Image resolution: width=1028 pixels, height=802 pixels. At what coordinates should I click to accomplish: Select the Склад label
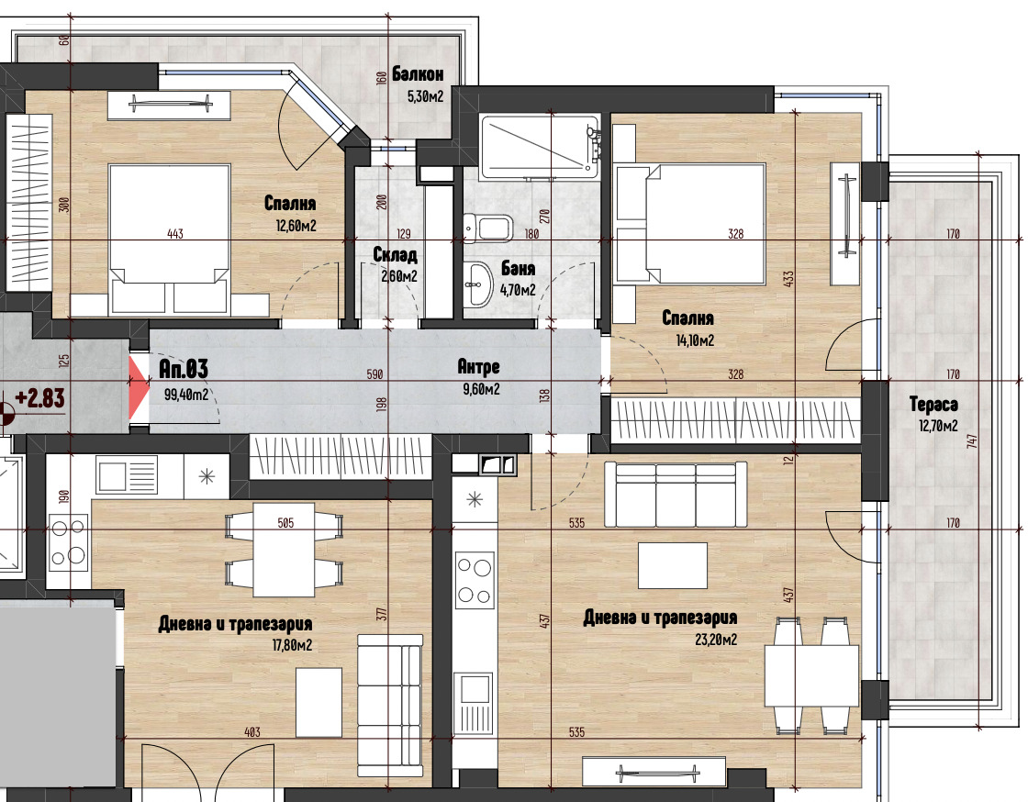click(396, 255)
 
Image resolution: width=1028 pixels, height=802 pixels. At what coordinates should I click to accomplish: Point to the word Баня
click(518, 270)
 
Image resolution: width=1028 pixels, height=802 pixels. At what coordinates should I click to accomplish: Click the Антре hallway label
click(478, 368)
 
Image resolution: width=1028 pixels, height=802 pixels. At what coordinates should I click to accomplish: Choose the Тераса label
click(933, 404)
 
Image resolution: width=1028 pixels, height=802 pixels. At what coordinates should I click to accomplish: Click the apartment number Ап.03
click(184, 370)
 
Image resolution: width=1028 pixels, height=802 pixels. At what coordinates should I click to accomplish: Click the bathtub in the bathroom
click(539, 146)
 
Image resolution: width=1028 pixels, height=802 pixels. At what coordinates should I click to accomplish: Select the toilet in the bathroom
click(486, 226)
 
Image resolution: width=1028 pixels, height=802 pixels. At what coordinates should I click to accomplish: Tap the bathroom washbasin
click(477, 284)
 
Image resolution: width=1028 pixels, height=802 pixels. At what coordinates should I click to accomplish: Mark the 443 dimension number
click(175, 234)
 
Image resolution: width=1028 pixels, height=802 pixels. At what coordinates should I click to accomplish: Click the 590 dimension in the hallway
click(374, 374)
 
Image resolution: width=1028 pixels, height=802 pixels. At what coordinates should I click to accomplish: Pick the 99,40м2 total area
click(186, 395)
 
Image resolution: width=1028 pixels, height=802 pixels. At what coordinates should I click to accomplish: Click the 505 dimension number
click(285, 523)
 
